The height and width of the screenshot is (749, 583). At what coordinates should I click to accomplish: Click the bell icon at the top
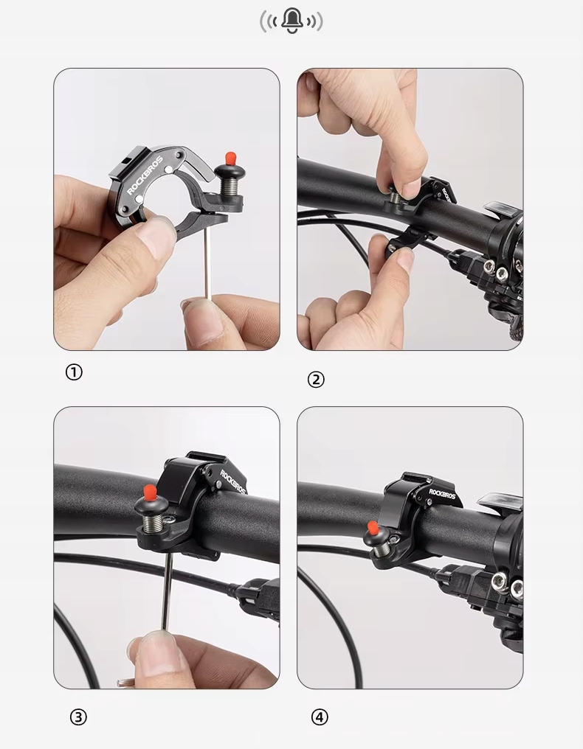[291, 21]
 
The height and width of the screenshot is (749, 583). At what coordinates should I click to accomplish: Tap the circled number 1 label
[74, 372]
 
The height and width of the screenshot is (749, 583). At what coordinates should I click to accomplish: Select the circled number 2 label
[316, 380]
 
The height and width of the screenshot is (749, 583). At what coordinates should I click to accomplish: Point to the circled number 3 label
[78, 717]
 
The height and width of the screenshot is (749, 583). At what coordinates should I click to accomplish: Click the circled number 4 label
[320, 717]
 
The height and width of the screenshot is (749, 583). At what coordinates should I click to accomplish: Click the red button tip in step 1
[230, 158]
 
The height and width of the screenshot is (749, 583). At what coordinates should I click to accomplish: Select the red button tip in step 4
[373, 528]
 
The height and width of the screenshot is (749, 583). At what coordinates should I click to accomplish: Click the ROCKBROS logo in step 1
[145, 175]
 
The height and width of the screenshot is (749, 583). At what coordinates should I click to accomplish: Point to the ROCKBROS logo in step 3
[233, 482]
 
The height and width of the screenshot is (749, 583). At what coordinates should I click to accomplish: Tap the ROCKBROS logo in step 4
[443, 493]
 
